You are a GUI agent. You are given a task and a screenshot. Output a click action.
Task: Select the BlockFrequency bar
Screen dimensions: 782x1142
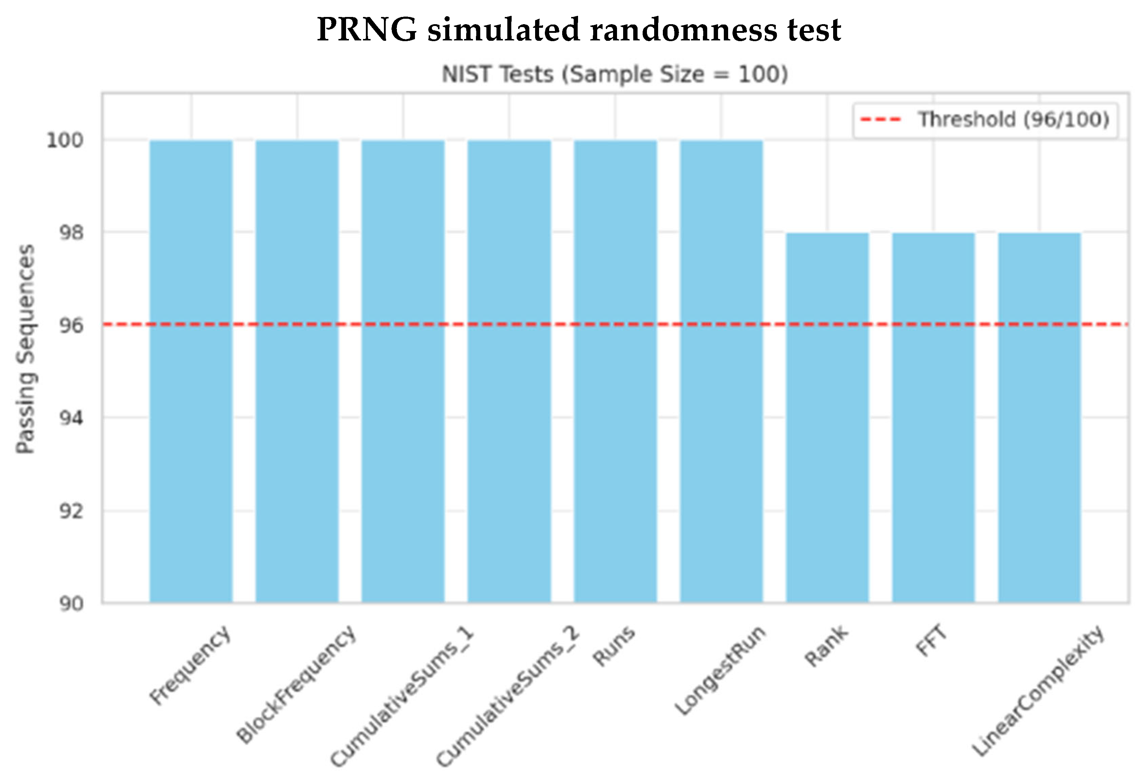[297, 371]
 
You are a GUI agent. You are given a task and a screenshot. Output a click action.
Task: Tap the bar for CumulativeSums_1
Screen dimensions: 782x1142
[403, 371]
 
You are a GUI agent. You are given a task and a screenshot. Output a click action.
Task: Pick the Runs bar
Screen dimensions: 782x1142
[615, 371]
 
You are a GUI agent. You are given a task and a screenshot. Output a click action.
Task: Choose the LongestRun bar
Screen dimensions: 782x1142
[721, 371]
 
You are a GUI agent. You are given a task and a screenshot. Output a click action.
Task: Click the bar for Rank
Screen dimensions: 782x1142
[827, 418]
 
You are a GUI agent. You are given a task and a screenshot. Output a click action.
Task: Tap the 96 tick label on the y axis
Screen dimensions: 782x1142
[71, 326]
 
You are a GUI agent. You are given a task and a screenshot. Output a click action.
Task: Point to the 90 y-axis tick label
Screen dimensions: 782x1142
[71, 604]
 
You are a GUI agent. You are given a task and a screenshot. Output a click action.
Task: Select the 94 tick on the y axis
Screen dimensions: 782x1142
[71, 418]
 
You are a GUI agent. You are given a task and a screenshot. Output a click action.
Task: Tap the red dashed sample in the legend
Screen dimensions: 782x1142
[880, 119]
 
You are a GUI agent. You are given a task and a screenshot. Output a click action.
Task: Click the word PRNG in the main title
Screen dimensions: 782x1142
[367, 30]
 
